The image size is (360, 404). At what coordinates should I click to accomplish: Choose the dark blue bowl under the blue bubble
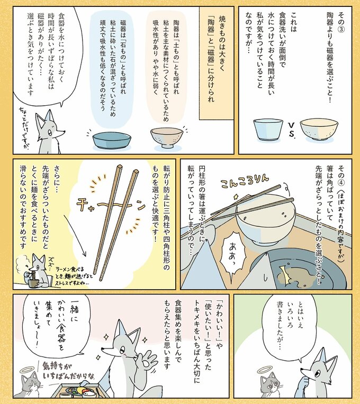112,140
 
